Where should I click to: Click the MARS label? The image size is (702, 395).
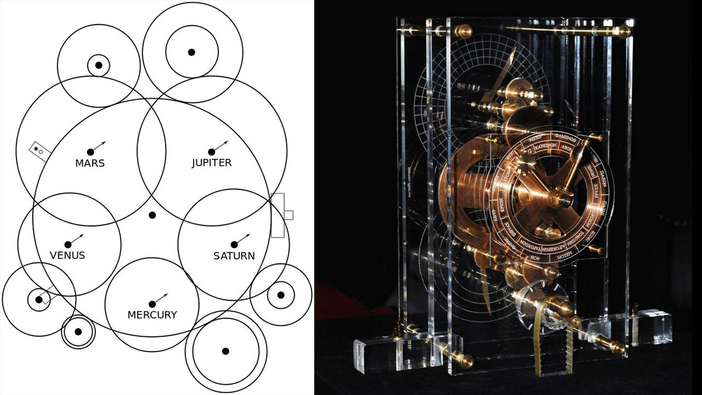point(90,163)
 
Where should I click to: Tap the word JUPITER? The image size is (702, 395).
point(212,163)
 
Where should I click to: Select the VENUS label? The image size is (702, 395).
point(67,256)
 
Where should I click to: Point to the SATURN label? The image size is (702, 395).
point(234,256)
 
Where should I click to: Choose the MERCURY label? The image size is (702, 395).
point(152,315)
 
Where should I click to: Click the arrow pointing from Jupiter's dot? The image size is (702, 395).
point(221,146)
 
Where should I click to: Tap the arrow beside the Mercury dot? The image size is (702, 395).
point(161,298)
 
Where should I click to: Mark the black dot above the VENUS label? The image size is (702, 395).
point(68,245)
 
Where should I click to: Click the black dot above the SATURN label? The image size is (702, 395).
point(234,245)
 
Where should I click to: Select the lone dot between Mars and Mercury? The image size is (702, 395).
point(152,215)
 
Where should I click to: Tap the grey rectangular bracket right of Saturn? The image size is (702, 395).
point(280,215)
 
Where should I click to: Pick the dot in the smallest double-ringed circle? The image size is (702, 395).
point(78,332)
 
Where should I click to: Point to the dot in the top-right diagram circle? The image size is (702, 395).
point(191,52)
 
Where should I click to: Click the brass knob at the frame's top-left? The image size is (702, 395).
point(463,31)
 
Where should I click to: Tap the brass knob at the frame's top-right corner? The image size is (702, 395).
point(623,31)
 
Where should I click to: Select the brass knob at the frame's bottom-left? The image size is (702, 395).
point(466,361)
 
